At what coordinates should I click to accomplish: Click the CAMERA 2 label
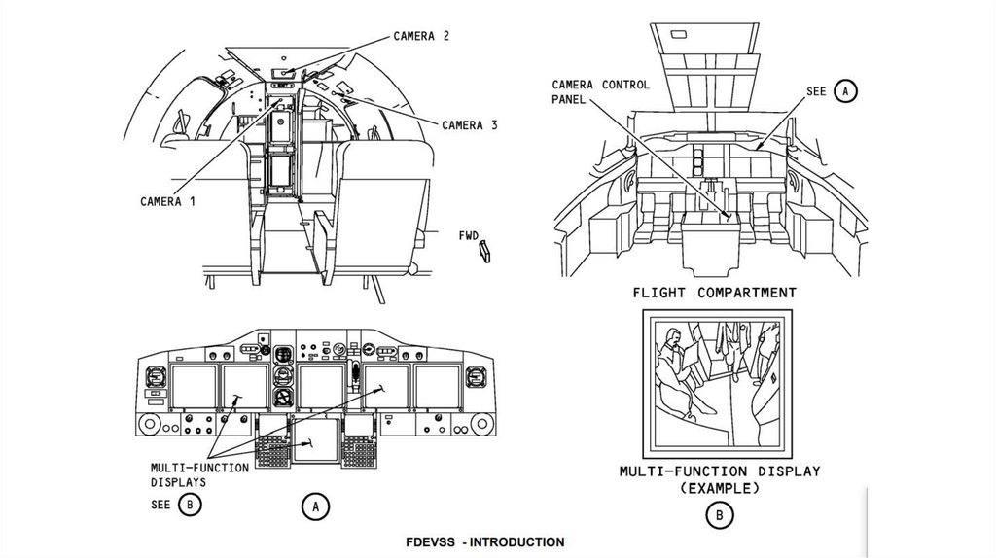pos(420,36)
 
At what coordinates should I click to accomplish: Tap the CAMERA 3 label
pos(470,124)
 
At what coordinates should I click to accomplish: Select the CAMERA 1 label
pos(167,201)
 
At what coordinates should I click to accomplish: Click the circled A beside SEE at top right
pos(845,91)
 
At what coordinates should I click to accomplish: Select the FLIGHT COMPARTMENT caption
pos(714,292)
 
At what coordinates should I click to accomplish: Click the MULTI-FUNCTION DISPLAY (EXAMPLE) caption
pos(719,479)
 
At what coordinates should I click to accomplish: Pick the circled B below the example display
pos(719,516)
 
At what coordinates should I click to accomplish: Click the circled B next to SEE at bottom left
pos(191,505)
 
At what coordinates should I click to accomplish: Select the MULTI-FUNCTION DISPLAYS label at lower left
pos(198,474)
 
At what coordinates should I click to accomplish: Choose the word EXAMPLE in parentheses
pos(719,487)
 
